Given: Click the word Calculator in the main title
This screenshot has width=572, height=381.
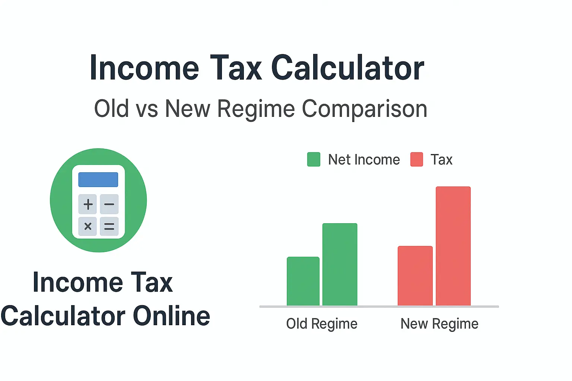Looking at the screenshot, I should [348, 68].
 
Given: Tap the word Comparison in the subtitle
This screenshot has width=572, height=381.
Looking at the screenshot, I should [364, 109].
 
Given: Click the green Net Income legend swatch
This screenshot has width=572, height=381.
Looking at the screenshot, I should [314, 160].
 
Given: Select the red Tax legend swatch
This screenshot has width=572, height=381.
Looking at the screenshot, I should [416, 160].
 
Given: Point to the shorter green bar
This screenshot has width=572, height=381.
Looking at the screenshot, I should [303, 281].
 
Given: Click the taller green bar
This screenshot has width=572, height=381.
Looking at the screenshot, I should [340, 265].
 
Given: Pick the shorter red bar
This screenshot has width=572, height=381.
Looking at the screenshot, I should [415, 276].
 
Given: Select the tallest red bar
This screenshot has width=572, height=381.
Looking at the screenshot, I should [453, 246].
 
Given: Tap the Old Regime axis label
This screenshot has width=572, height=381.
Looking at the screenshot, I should [322, 324].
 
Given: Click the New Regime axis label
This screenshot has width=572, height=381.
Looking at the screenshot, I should [439, 324].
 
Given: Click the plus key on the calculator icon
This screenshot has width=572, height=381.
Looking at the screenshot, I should [88, 204].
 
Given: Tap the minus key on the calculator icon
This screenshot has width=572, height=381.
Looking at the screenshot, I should [109, 204].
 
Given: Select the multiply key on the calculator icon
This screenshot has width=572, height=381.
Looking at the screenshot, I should [88, 226].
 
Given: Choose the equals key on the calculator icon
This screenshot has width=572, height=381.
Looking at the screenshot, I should [109, 226].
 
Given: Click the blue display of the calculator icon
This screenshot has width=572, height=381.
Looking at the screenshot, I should [98, 179].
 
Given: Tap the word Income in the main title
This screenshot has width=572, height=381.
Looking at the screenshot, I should [144, 68].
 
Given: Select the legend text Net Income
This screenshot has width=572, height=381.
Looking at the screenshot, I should [364, 160].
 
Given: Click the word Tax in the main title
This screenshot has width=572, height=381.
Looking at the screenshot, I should [236, 68].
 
